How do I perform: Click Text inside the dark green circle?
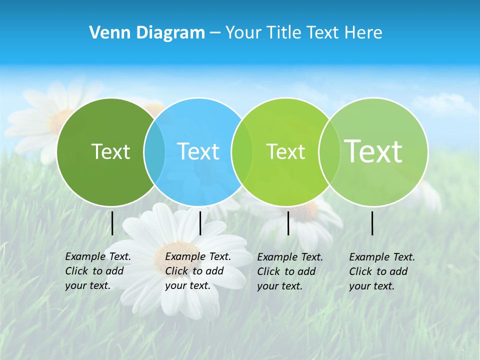point(110,151)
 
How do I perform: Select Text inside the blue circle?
point(198,151)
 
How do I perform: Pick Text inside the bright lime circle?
point(285,151)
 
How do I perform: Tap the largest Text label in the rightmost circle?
point(373,151)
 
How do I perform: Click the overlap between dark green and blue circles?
point(154,152)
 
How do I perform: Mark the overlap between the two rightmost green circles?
point(329,152)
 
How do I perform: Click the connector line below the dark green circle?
point(112,223)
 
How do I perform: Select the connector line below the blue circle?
point(200,223)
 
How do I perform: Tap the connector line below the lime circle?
point(288,223)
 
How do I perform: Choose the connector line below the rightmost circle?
point(372,223)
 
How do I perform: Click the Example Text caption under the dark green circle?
point(98,271)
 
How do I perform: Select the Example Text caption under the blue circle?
point(198,271)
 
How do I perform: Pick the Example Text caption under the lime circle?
point(290,271)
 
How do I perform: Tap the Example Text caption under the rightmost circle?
point(382,271)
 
